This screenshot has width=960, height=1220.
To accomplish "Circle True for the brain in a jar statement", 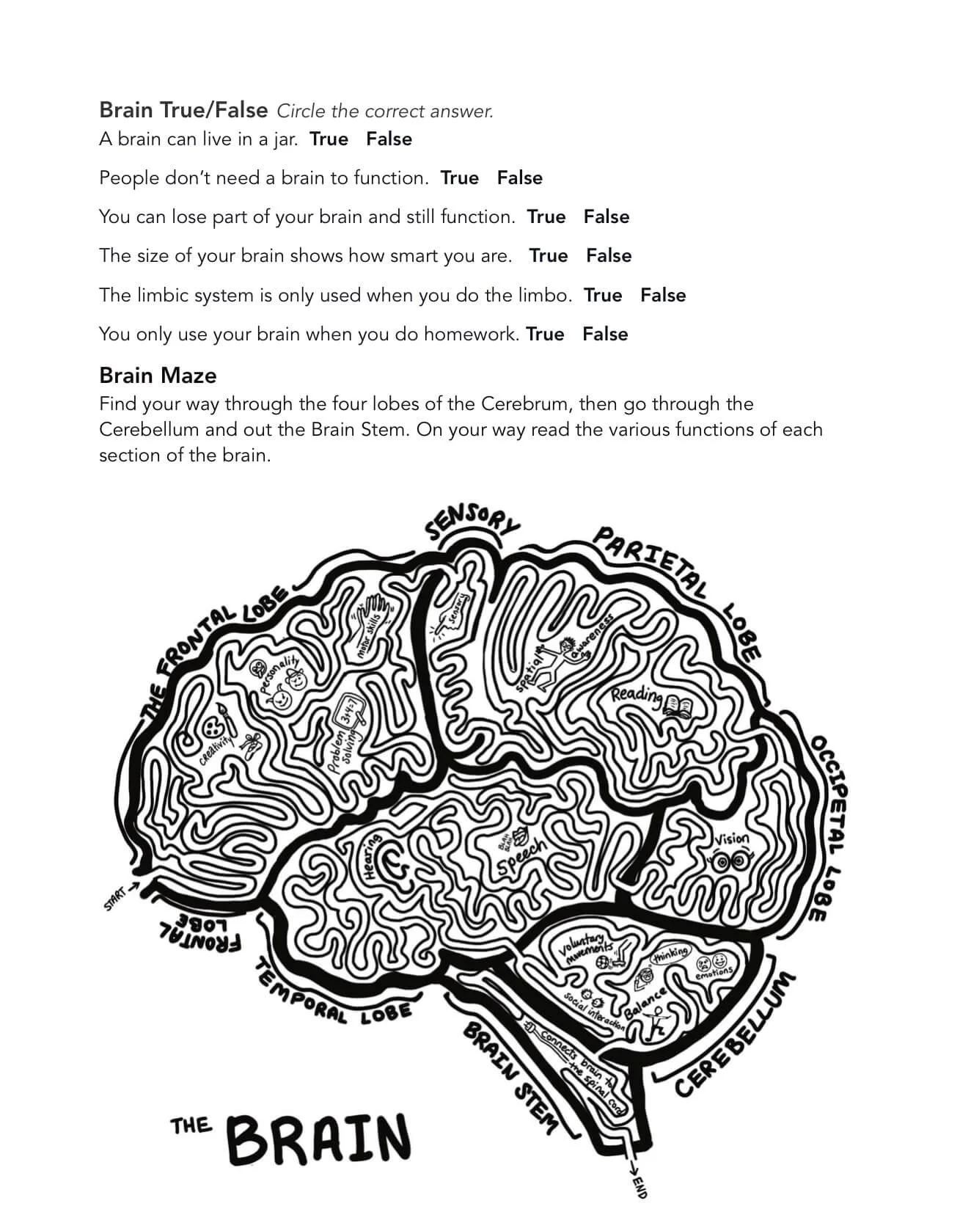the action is pyautogui.click(x=329, y=139).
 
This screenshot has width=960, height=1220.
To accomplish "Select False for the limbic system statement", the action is pyautogui.click(x=663, y=296).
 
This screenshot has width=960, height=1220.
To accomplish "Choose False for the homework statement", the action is pyautogui.click(x=605, y=335).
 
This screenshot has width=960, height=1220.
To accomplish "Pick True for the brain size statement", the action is pyautogui.click(x=549, y=256).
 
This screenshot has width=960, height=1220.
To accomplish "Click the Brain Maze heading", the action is pyautogui.click(x=158, y=376).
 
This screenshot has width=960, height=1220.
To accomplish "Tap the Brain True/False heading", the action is pyautogui.click(x=183, y=110).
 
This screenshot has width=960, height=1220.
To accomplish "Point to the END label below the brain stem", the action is pyautogui.click(x=638, y=1186).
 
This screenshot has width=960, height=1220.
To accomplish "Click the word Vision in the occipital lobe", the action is pyautogui.click(x=731, y=839).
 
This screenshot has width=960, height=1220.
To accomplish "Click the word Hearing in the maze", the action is pyautogui.click(x=372, y=857).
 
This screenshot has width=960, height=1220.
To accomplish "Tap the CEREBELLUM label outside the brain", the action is pyautogui.click(x=733, y=1034).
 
